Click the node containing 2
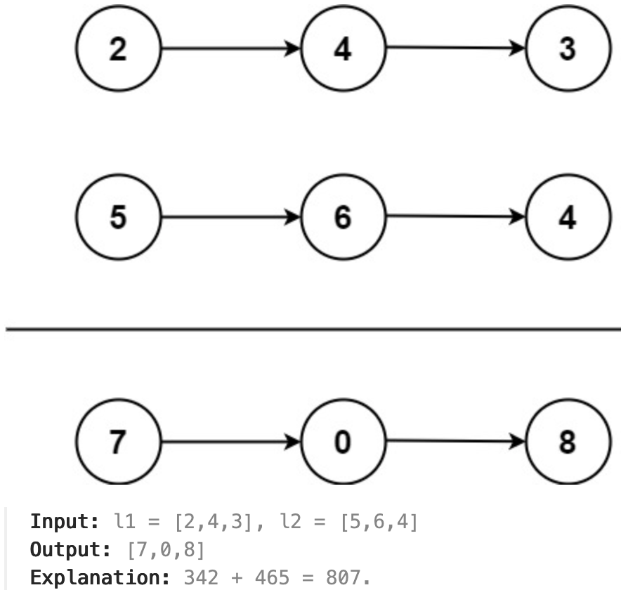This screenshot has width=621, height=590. pos(119,48)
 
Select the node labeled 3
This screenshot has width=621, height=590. pos(568,48)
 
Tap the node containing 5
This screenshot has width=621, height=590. pos(119,217)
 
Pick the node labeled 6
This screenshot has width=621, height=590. pos(344,217)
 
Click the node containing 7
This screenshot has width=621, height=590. pos(119,442)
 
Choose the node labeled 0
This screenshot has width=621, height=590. pos(344,442)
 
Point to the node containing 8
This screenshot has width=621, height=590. pos(568,442)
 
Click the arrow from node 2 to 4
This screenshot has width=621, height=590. pos(231,48)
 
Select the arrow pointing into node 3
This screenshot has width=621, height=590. pos(456,48)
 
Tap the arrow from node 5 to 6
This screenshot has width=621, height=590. pos(231,217)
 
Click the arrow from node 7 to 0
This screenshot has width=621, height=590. pos(231,442)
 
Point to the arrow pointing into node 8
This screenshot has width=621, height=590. pos(456,440)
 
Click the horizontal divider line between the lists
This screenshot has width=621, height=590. pos(313,329)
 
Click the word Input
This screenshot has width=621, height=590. pos(64,521)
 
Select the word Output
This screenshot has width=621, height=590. pos(70,549)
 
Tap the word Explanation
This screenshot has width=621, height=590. pos(100,577)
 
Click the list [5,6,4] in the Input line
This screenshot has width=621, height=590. pos(379,521)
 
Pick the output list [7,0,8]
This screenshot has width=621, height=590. pos(166,549)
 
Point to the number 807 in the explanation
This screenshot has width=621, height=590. pos(343,578)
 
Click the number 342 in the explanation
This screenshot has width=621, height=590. pos(201,578)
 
